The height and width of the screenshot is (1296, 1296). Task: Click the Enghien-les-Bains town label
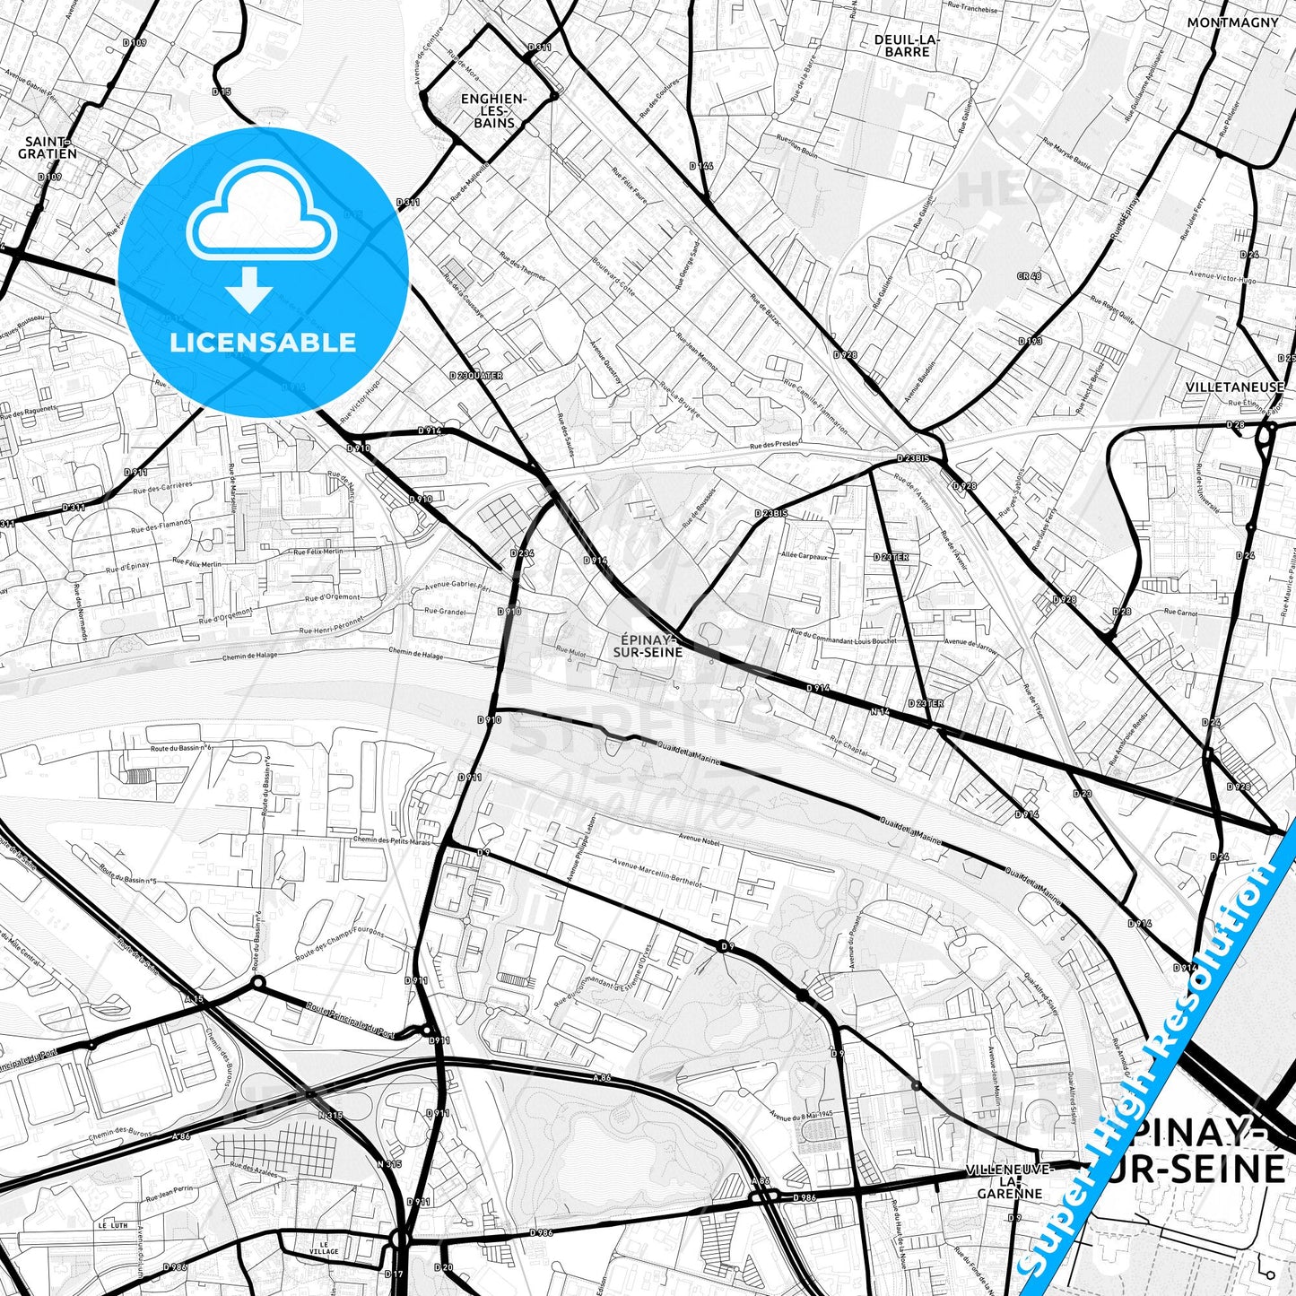pos(493,110)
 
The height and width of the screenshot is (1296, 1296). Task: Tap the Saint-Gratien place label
pos(48,148)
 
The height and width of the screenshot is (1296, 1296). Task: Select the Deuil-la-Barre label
pos(907,46)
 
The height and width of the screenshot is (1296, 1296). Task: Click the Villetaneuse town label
pos(1234,387)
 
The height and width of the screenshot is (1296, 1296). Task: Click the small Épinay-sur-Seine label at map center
pos(648,646)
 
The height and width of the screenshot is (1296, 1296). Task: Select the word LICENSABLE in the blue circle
pos(263,342)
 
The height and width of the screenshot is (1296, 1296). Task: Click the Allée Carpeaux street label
pos(805,556)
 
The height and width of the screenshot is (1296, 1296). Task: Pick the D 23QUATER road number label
pos(476,376)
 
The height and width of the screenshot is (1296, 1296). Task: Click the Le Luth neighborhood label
pos(113,1225)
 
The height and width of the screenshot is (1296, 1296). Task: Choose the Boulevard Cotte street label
pos(613,278)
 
